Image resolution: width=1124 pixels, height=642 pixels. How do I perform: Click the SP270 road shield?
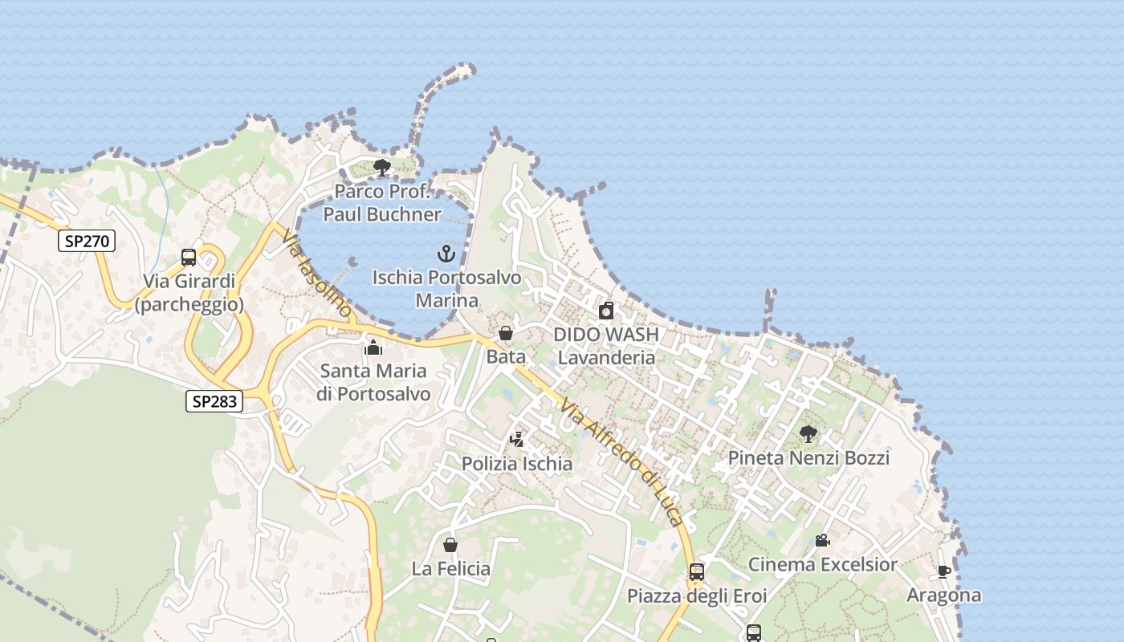coord(87,241)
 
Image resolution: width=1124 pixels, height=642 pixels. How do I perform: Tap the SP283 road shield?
coord(214,400)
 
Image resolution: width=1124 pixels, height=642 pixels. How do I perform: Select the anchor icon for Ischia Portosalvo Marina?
coord(446,254)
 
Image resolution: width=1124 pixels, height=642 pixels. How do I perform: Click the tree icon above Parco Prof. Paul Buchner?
coord(382,168)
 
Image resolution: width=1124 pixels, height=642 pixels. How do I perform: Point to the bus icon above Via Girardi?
coord(189,258)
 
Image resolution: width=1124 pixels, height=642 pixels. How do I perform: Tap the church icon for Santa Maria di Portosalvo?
coord(373,347)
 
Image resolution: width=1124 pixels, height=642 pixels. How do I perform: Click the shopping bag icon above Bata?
coord(506,333)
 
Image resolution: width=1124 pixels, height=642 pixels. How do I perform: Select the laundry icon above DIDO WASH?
coord(606,311)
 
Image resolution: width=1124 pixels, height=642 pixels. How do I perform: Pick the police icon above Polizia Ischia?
coord(517,440)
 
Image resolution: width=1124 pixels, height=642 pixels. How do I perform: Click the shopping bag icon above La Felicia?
coord(450,545)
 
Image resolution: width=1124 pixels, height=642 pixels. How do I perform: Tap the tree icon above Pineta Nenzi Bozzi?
coord(808,434)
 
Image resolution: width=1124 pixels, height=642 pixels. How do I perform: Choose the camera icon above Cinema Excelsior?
coord(822,540)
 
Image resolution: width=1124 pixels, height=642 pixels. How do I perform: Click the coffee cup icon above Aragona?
coord(943,571)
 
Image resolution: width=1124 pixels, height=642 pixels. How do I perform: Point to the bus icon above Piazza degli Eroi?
coord(696,572)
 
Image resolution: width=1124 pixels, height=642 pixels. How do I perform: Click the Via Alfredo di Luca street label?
coord(622,461)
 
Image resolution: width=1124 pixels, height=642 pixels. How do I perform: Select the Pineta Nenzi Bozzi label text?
coord(808,458)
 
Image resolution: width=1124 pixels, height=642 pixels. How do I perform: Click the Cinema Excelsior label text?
coord(822,564)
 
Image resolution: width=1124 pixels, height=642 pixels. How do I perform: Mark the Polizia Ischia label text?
coord(517,464)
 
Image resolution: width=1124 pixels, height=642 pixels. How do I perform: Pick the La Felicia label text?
coord(450,569)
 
